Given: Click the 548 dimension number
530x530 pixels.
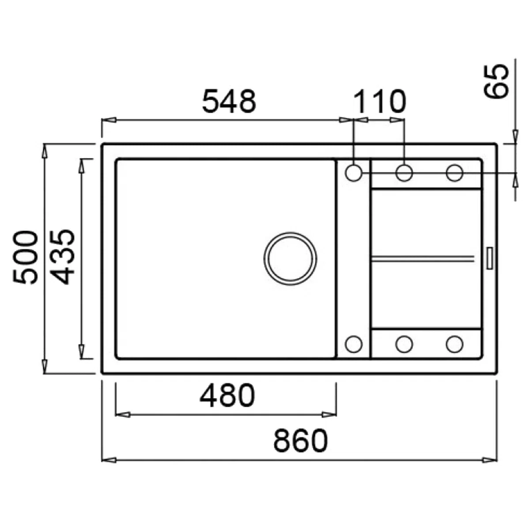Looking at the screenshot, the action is coord(229,101).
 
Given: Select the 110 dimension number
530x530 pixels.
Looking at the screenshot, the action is coord(379,101).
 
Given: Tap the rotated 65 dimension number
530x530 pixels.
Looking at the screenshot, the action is coord(496,81).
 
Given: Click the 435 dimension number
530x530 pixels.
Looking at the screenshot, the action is coord(62,257).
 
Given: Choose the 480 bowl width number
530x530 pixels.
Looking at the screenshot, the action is coord(227,396).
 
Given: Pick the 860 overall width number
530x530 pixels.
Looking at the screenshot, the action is coord(301,440).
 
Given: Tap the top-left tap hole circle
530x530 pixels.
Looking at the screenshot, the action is coord(354,173).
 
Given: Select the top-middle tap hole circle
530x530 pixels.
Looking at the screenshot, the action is coord(404,173).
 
